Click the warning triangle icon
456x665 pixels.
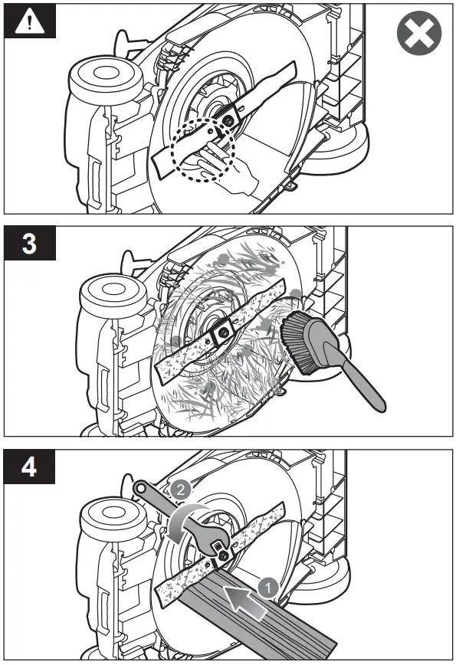pos(29,21)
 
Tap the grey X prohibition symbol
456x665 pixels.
pos(419,33)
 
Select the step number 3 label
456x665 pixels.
pos(29,244)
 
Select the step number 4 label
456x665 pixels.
pos(29,467)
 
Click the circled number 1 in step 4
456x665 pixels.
pos(268,588)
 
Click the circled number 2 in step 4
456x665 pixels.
pos(180,490)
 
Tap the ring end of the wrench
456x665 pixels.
pos(141,488)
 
